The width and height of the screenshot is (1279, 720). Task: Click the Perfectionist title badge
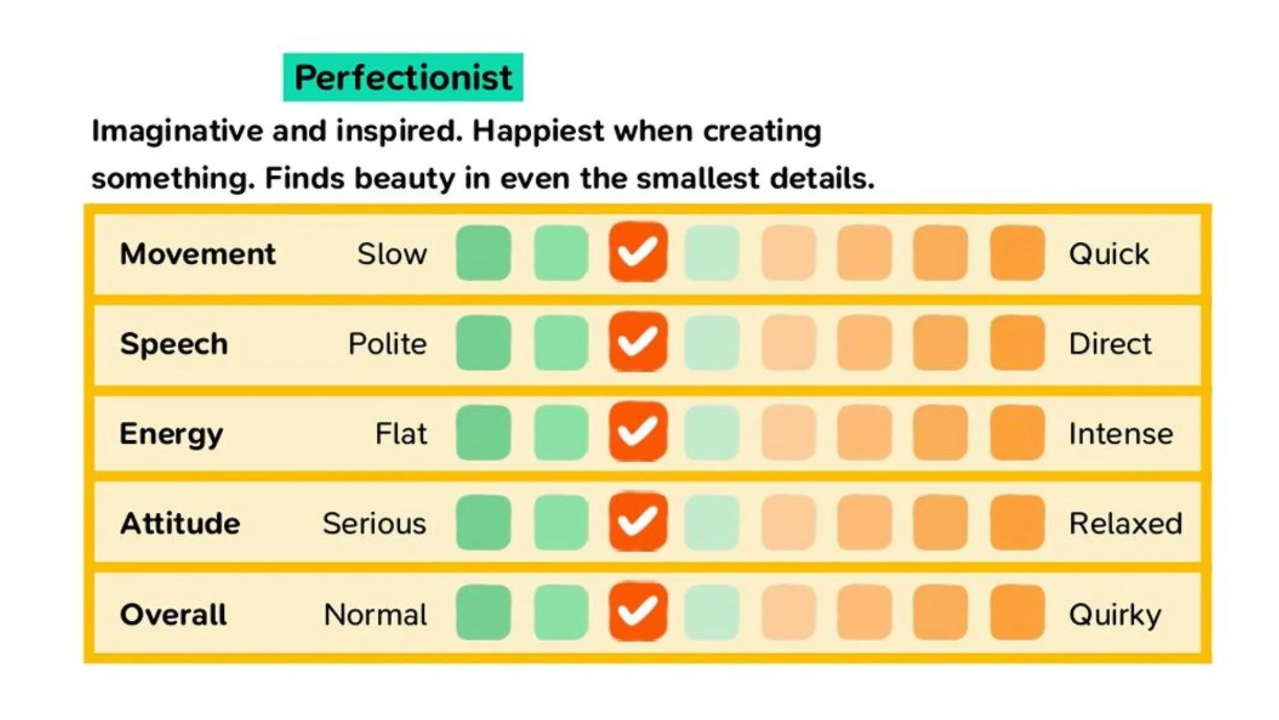click(x=403, y=77)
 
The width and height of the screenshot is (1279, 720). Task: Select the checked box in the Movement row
click(x=638, y=252)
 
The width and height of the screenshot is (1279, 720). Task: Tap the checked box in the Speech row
click(x=638, y=342)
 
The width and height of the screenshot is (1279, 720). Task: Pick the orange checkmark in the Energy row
click(x=638, y=432)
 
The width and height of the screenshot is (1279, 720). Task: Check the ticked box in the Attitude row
click(x=638, y=522)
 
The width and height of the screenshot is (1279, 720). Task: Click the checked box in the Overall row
click(x=638, y=612)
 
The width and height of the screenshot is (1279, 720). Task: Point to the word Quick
click(x=1108, y=254)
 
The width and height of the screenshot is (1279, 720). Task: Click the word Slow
click(x=391, y=254)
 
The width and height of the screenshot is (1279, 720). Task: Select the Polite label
click(x=387, y=344)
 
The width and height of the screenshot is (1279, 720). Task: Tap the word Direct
click(x=1110, y=344)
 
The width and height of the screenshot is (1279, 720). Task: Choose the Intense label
click(x=1120, y=434)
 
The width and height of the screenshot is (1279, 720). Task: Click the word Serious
click(x=374, y=524)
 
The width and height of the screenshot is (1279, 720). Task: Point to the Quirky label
click(x=1115, y=615)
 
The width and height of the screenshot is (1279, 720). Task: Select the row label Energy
click(x=171, y=434)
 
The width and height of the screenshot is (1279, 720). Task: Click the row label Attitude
click(x=180, y=524)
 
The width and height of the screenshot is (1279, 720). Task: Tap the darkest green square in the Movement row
click(x=483, y=253)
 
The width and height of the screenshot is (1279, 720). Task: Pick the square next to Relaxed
click(x=1017, y=522)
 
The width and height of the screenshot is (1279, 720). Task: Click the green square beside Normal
click(x=483, y=612)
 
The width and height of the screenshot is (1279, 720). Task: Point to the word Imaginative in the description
click(x=177, y=131)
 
